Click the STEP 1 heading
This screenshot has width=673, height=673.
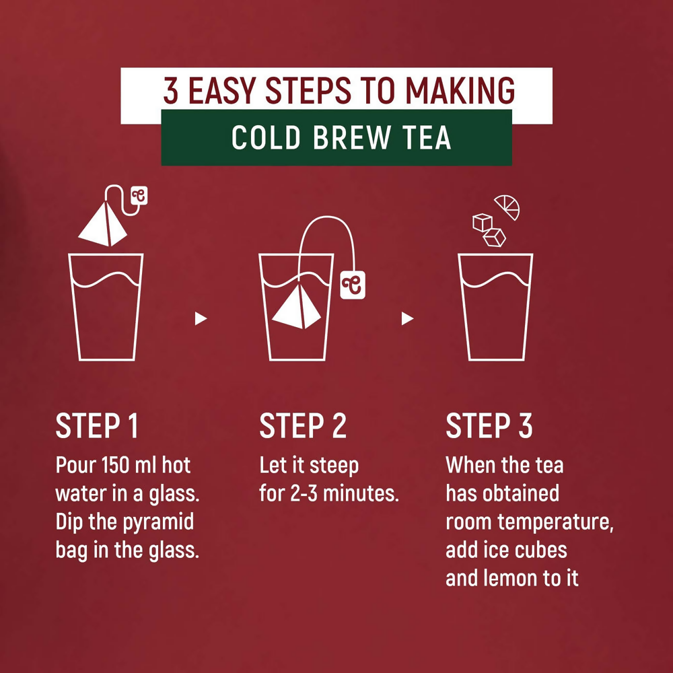point(97,427)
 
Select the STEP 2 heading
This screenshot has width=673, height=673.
point(303,427)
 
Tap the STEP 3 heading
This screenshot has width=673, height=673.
point(489,427)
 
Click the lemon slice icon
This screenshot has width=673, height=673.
point(507,207)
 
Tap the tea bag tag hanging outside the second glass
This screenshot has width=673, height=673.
point(352,283)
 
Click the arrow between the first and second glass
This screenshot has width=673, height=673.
point(201,318)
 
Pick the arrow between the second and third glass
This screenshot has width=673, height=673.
point(406,318)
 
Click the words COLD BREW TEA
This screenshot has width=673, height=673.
point(341,137)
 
